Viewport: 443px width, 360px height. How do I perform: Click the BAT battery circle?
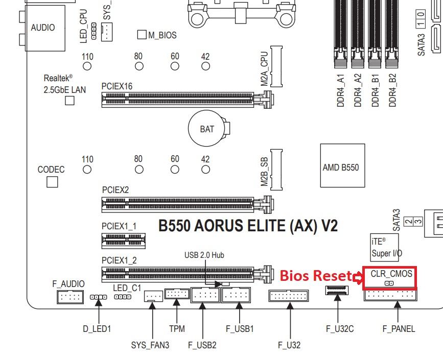pos(207,129)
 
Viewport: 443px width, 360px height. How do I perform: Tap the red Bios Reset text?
pos(315,276)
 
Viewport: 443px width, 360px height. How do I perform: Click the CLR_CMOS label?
pos(391,274)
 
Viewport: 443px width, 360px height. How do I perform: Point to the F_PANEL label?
pos(399,329)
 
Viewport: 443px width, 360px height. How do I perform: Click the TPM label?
pos(177,329)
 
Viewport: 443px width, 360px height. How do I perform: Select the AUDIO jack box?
pos(42,28)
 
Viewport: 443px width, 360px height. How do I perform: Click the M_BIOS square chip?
pos(142,35)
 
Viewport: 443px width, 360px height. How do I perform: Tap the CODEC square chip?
pos(52,182)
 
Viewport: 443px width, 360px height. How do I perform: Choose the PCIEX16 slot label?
pos(117,86)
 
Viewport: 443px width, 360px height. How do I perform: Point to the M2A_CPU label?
pos(264,71)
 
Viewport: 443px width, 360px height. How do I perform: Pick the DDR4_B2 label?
pos(392,90)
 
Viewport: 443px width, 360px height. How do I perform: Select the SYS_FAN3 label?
pos(150,345)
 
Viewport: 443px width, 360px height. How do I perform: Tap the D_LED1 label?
pos(97,329)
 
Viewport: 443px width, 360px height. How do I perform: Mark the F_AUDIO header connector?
pos(69,297)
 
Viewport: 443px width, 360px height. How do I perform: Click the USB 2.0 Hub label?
pos(204,255)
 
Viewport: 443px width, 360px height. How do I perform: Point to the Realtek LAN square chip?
pos(69,101)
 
